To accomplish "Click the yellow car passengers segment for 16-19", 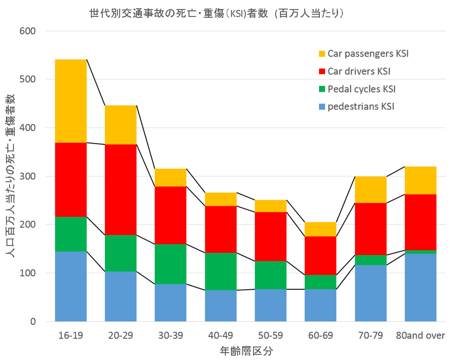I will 71,101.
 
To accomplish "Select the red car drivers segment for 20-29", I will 120,189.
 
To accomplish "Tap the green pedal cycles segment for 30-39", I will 170,264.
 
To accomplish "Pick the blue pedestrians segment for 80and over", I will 420,287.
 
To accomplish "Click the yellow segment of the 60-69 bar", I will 320,229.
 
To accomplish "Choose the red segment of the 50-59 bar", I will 270,236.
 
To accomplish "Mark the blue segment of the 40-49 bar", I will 221,306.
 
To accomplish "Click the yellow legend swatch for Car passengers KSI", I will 322,53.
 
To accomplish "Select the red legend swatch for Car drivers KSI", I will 322,71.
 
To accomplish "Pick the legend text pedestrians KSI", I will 361,106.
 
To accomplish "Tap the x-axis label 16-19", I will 70,336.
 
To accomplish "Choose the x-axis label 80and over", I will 420,336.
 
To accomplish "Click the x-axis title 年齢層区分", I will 246,351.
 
